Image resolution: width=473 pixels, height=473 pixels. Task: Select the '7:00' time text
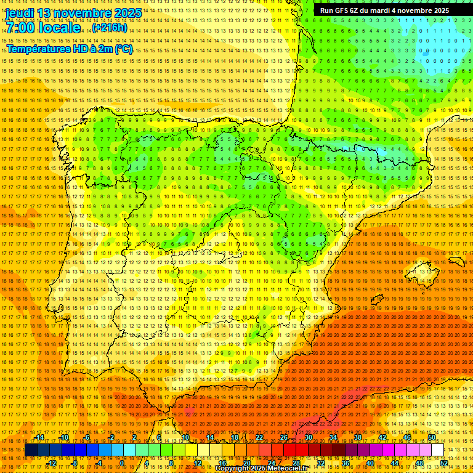click(22, 28)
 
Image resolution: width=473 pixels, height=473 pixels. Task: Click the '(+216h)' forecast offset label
click(109, 28)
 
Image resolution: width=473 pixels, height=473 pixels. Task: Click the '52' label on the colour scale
click(443, 463)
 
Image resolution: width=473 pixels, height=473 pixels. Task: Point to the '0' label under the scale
click(122, 463)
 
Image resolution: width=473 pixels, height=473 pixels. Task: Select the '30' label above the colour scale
click(308, 438)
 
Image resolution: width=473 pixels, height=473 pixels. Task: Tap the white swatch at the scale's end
click(437, 450)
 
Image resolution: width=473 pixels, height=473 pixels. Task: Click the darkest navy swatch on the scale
click(31, 450)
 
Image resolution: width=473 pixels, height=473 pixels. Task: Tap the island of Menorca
click(456, 261)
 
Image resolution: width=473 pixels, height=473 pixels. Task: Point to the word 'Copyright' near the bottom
click(236, 469)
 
